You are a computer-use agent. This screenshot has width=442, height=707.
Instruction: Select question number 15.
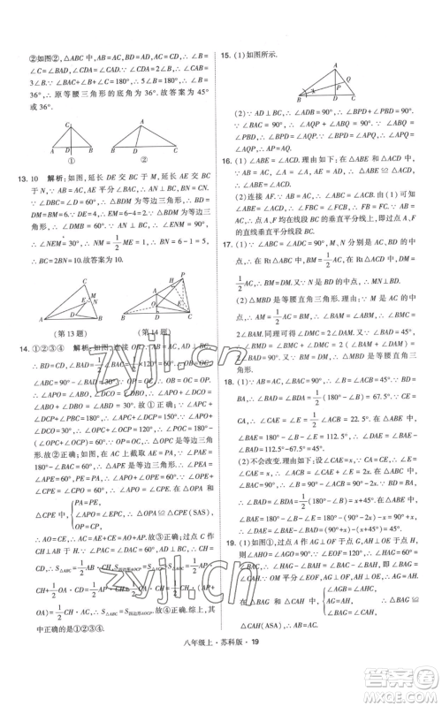[225, 53]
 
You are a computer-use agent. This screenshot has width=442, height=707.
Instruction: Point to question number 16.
[225, 161]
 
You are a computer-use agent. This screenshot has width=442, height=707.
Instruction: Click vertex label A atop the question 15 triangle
[336, 67]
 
